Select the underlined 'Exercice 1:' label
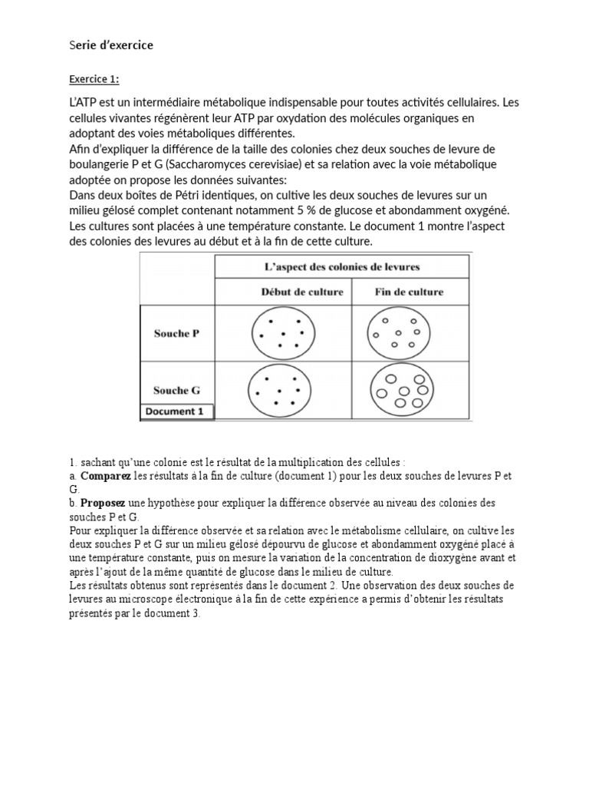tap(94, 79)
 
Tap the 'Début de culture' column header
tap(281, 292)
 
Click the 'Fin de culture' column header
tap(409, 292)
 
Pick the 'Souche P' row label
tap(176, 334)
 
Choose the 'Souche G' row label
tap(176, 390)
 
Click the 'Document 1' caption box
tap(175, 411)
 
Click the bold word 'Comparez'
tap(106, 477)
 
